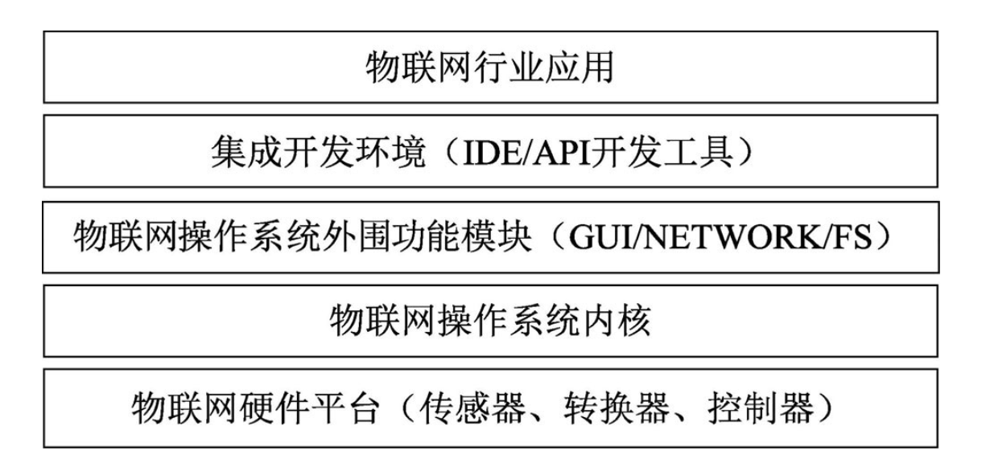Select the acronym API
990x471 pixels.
click(x=571, y=154)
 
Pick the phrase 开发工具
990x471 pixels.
click(x=665, y=154)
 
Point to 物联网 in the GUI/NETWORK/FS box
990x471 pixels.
click(x=117, y=240)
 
